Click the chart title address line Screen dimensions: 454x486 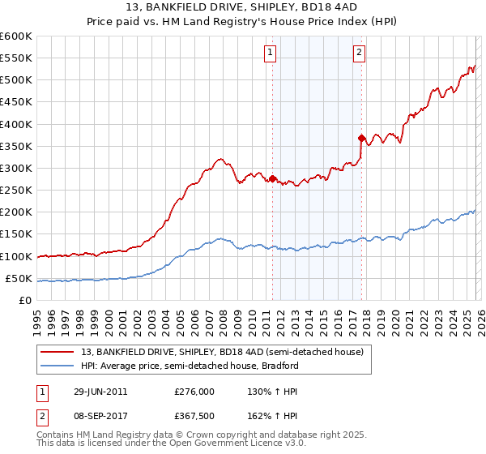[243, 8]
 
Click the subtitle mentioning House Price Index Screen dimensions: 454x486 [243, 23]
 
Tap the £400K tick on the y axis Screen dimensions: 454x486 [16, 124]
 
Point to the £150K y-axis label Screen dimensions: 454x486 [16, 234]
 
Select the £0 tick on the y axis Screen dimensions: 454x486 [25, 300]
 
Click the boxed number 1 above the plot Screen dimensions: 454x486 [270, 54]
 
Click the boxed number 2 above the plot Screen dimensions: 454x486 [359, 54]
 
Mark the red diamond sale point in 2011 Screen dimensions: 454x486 [272, 178]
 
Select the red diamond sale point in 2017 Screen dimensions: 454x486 [361, 139]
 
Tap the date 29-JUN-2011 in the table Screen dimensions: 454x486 [100, 391]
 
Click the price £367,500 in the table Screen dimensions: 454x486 [195, 415]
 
